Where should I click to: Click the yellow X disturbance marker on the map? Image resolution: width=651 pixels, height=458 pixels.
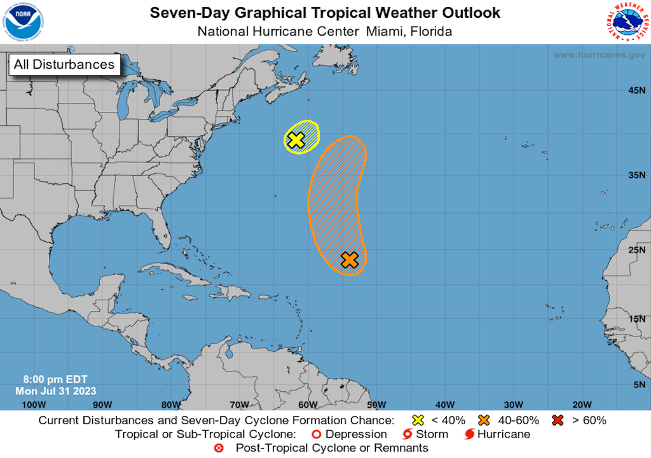click(296, 140)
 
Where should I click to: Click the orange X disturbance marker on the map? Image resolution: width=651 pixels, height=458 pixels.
click(350, 259)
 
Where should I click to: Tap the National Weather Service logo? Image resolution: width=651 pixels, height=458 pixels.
click(627, 22)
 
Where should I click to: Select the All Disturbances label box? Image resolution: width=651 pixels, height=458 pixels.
click(64, 64)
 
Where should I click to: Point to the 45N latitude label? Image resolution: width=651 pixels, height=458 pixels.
click(636, 91)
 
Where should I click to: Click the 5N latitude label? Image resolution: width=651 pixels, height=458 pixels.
click(638, 385)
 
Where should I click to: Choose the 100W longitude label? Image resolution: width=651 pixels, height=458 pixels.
click(34, 405)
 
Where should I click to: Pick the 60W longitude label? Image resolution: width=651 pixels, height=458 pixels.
click(308, 405)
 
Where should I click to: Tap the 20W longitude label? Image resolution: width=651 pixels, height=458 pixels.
click(582, 405)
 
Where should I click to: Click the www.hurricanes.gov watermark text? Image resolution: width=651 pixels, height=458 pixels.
click(599, 55)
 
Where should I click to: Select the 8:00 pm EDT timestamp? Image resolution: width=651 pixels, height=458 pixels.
click(55, 380)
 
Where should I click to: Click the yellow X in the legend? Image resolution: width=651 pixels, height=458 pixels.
click(418, 420)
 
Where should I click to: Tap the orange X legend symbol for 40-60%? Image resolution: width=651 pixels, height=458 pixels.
click(484, 420)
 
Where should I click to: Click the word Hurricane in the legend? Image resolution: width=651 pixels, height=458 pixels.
click(504, 434)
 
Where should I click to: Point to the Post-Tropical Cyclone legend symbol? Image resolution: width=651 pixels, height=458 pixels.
click(219, 448)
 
